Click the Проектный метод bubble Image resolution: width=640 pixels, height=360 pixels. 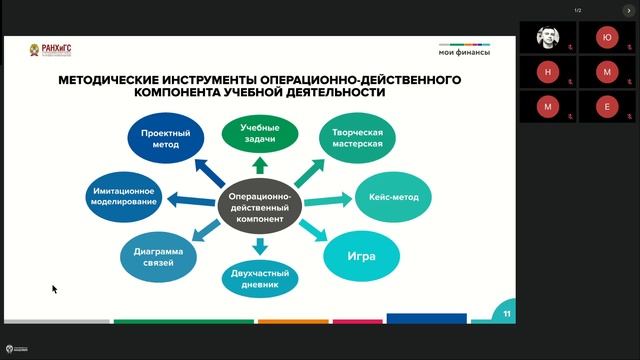(161, 138)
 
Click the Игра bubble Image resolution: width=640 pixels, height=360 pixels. (362, 255)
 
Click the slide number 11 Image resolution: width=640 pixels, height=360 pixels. (507, 314)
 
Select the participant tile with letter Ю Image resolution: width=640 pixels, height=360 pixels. (607, 37)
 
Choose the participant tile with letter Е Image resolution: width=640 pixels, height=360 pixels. (607, 105)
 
